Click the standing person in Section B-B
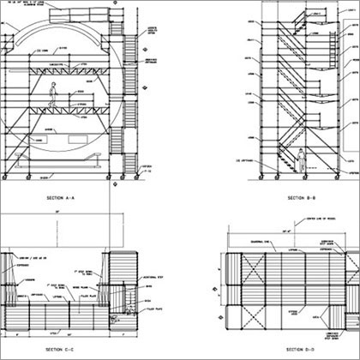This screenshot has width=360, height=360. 303,160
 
